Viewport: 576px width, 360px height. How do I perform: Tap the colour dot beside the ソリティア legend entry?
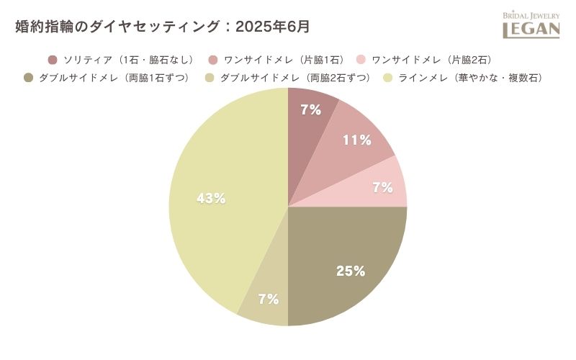(53, 59)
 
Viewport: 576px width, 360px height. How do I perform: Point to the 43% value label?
(212, 198)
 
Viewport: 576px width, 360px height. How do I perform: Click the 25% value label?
(351, 271)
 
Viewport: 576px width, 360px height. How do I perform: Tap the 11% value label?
(356, 140)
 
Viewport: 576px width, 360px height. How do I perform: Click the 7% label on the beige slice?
(268, 299)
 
